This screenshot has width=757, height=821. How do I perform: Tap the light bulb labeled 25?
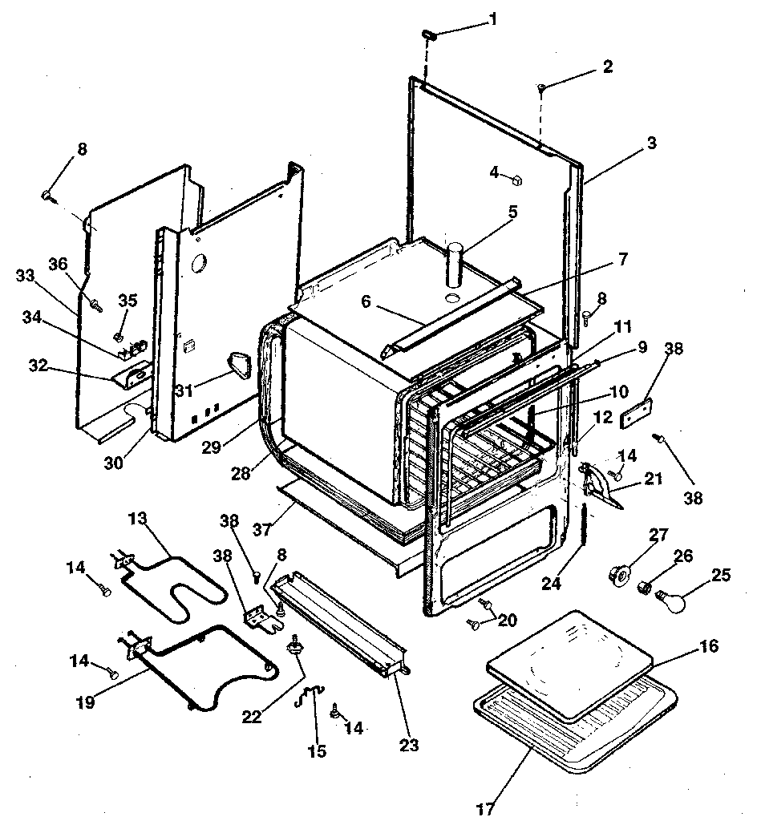(678, 599)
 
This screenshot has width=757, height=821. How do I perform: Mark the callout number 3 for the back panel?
(651, 144)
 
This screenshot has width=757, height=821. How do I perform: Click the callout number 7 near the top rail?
(623, 260)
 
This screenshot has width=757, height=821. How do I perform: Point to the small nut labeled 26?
(643, 590)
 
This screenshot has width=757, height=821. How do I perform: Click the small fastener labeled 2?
(541, 87)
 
